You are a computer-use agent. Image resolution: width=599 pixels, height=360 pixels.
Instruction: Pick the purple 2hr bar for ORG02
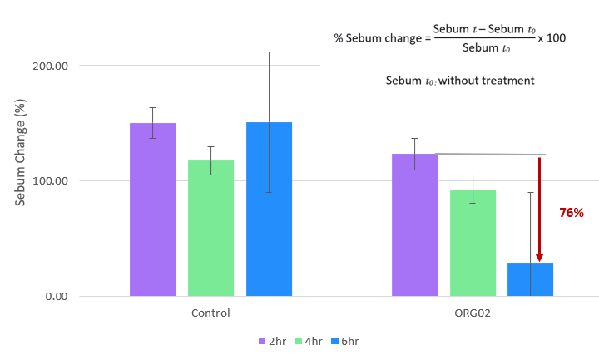coord(414,224)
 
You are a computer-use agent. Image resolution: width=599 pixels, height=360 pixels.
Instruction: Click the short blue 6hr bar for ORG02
coord(530,279)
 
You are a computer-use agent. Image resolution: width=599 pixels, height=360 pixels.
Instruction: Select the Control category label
coord(210,313)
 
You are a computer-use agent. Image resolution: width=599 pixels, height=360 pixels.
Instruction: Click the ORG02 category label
coord(472,313)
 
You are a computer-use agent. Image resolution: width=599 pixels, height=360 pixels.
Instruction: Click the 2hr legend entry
coord(273,342)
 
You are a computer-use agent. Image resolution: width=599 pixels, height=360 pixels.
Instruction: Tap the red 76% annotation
coord(571,213)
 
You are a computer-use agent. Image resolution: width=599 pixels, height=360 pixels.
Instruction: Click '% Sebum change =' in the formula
coord(382,38)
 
